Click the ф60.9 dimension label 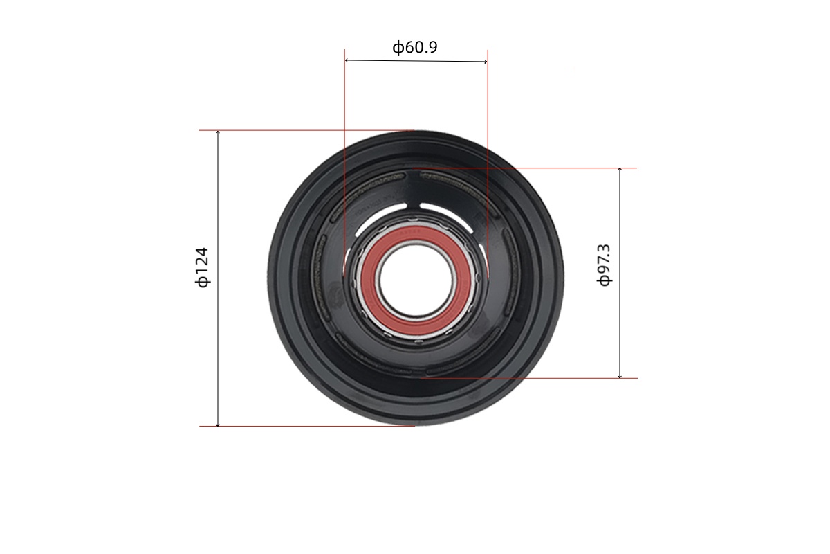click(x=414, y=47)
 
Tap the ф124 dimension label click(x=202, y=267)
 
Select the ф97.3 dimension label click(x=604, y=265)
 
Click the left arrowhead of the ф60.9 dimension click(x=347, y=60)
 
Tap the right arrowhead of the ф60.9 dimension click(x=486, y=62)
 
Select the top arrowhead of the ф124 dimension click(x=218, y=132)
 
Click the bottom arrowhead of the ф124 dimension click(x=218, y=424)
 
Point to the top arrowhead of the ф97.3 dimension click(x=620, y=170)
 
